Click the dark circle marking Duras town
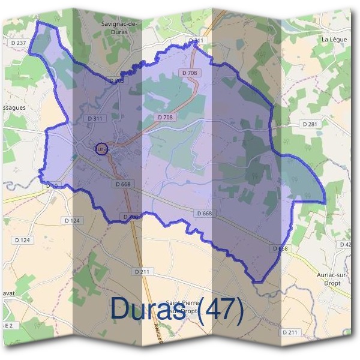[102, 149]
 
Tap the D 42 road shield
[346, 245]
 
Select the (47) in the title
[221, 310]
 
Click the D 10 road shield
[52, 186]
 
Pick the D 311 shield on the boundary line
[196, 41]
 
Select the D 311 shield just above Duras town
[95, 118]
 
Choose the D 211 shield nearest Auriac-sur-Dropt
[290, 332]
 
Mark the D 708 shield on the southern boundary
[131, 217]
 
